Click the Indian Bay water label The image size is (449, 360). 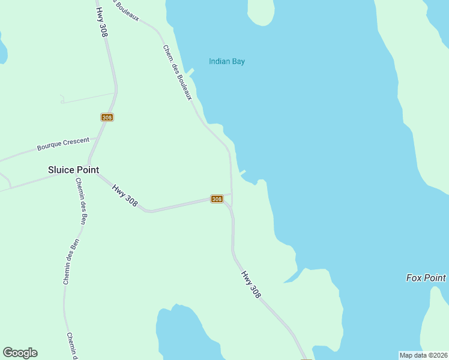pos(227,61)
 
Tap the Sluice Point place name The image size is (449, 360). pos(73,170)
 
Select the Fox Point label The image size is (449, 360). pos(426,278)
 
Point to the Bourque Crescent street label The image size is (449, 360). pos(63,144)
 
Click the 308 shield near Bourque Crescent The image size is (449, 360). pos(107,118)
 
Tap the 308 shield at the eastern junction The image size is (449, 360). pos(217,199)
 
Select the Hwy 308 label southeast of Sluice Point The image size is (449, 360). pos(125,195)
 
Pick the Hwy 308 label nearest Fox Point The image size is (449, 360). pos(252,284)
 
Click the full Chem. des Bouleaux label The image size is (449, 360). pos(177,73)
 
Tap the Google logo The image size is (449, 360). pos(20,353)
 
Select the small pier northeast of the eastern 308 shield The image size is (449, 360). pos(243,173)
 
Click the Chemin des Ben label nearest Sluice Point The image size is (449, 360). pos(80,200)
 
